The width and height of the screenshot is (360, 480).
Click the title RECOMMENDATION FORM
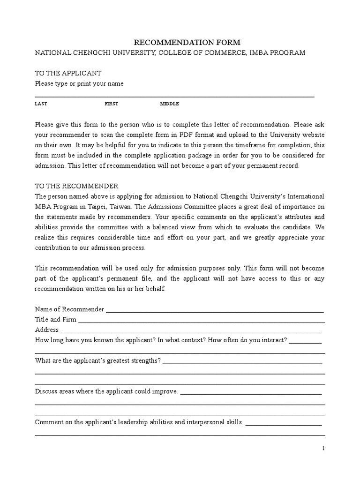180,43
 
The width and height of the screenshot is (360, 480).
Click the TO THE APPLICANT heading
68,73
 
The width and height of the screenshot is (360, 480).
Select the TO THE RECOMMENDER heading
77,186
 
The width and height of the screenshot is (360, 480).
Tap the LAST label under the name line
41,104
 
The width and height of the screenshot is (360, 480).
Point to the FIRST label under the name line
112,104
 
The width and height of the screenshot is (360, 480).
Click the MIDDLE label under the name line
170,104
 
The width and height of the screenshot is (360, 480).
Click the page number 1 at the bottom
323,449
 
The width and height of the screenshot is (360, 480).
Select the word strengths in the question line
145,360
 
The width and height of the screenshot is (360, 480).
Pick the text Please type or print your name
79,83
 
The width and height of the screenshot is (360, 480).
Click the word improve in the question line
165,391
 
